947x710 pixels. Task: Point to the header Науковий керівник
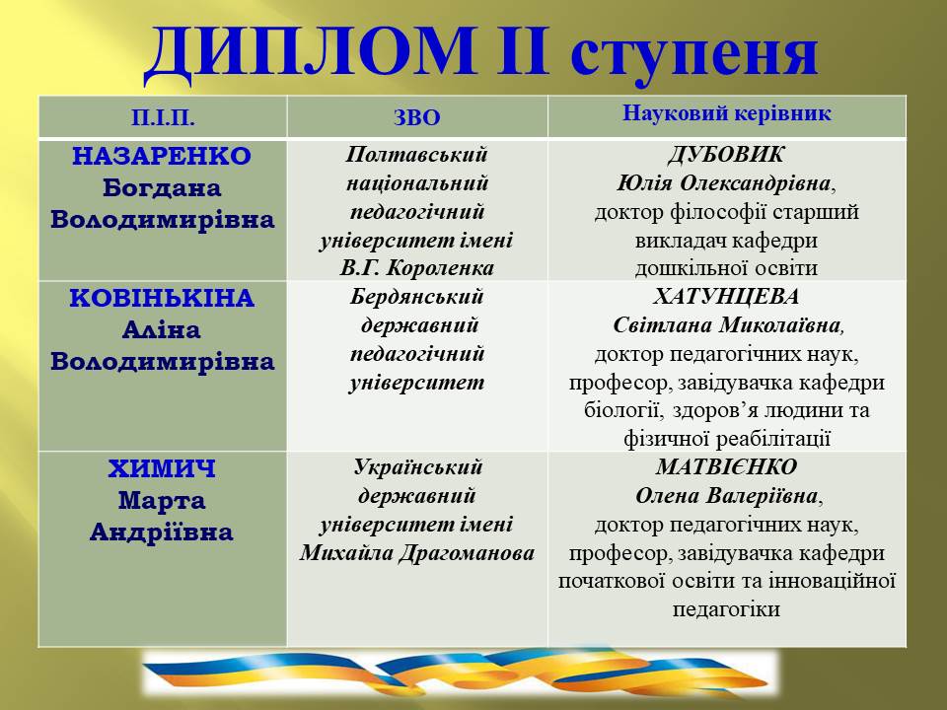point(727,113)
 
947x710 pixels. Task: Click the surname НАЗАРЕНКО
point(163,157)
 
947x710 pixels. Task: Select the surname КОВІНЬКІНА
point(163,299)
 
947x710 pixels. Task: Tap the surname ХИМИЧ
point(162,469)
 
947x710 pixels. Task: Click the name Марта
point(162,501)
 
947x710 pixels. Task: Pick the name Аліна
point(162,330)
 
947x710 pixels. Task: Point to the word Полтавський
point(417,155)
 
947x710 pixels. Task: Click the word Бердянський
point(417,297)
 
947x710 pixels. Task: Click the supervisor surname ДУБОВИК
point(726,155)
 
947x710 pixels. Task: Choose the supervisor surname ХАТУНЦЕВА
point(726,297)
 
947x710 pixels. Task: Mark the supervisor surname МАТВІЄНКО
point(726,467)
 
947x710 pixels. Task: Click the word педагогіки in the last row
point(726,609)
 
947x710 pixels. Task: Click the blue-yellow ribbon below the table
point(459,673)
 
